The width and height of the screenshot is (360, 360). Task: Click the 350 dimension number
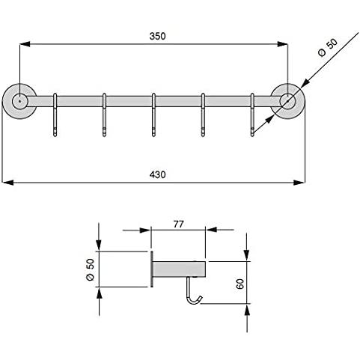coord(157,36)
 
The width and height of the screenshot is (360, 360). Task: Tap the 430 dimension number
coord(157,174)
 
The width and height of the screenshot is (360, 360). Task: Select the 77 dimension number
coord(178,225)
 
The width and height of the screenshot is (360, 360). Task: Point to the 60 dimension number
coord(240,284)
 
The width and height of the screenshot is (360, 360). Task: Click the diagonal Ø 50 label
coord(328,47)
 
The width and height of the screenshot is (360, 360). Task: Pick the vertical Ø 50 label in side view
coord(91,269)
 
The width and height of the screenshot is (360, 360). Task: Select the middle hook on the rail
coord(153,115)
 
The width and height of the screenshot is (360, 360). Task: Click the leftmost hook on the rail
coord(55,115)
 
